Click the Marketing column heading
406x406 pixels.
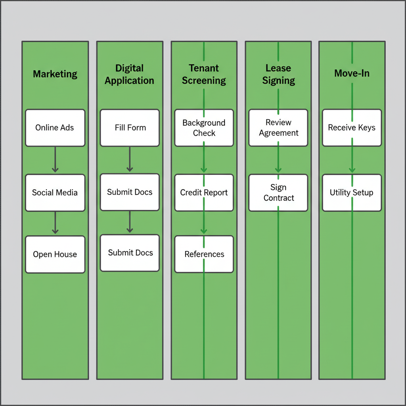pyautogui.click(x=55, y=74)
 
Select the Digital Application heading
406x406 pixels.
pyautogui.click(x=129, y=75)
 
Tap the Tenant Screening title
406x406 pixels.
pyautogui.click(x=204, y=75)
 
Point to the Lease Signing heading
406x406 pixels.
pyautogui.click(x=278, y=75)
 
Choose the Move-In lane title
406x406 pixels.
pyautogui.click(x=352, y=74)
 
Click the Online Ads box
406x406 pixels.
pyautogui.click(x=55, y=128)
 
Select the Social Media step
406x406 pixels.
pyautogui.click(x=55, y=193)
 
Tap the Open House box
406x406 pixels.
pyautogui.click(x=55, y=255)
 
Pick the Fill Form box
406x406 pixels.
pyautogui.click(x=130, y=128)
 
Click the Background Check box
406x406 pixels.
pyautogui.click(x=204, y=128)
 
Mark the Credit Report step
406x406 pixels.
pyautogui.click(x=204, y=193)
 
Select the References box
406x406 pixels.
pyautogui.click(x=204, y=254)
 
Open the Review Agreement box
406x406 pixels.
pyautogui.click(x=278, y=128)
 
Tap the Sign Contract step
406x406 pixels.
pyautogui.click(x=278, y=193)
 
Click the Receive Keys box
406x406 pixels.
pyautogui.click(x=352, y=128)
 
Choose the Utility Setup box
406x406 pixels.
pyautogui.click(x=352, y=193)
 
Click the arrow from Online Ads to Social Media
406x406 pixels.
pyautogui.click(x=55, y=160)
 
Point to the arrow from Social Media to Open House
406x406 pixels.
pyautogui.click(x=55, y=223)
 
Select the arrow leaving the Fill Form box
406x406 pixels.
pyautogui.click(x=130, y=159)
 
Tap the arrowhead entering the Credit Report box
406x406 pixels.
pyautogui.click(x=204, y=170)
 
